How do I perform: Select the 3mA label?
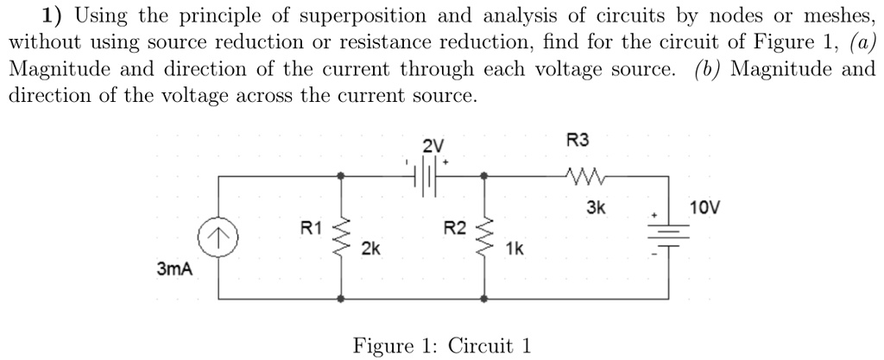click(x=174, y=269)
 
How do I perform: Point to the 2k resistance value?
click(x=370, y=249)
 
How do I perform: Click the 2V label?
click(x=433, y=145)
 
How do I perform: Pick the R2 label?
click(x=454, y=229)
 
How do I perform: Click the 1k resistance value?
click(x=514, y=249)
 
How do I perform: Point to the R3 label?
click(x=577, y=139)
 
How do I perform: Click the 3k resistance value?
click(x=597, y=208)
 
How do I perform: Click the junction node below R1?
click(x=344, y=299)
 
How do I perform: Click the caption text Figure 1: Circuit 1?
click(x=441, y=345)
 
